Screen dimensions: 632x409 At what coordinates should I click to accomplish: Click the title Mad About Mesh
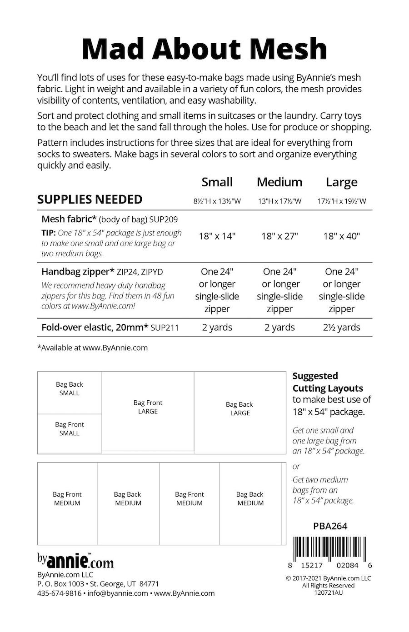pos(204,49)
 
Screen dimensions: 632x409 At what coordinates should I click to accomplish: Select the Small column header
pos(217,182)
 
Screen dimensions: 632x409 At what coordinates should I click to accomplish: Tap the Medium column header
pos(279,182)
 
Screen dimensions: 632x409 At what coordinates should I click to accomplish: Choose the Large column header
pos(341,183)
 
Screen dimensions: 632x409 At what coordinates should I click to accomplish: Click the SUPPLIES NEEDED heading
pos(90,199)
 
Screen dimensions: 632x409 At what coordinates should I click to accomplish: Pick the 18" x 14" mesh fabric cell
pos(217,236)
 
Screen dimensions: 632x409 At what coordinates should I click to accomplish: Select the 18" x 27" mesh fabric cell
pos(279,236)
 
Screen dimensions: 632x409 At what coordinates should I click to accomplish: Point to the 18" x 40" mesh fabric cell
pos(341,236)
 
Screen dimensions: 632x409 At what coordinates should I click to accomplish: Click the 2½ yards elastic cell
pos(341,328)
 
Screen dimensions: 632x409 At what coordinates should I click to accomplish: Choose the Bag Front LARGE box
pos(148,407)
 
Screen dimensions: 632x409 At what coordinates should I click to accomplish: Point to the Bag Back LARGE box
pos(240,409)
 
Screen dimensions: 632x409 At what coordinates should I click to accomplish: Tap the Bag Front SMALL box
pos(70,429)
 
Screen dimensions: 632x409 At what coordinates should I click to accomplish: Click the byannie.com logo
pos(75,561)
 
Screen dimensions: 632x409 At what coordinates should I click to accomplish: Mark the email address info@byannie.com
pos(118,593)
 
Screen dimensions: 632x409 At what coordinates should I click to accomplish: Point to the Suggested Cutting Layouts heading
pos(328,382)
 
